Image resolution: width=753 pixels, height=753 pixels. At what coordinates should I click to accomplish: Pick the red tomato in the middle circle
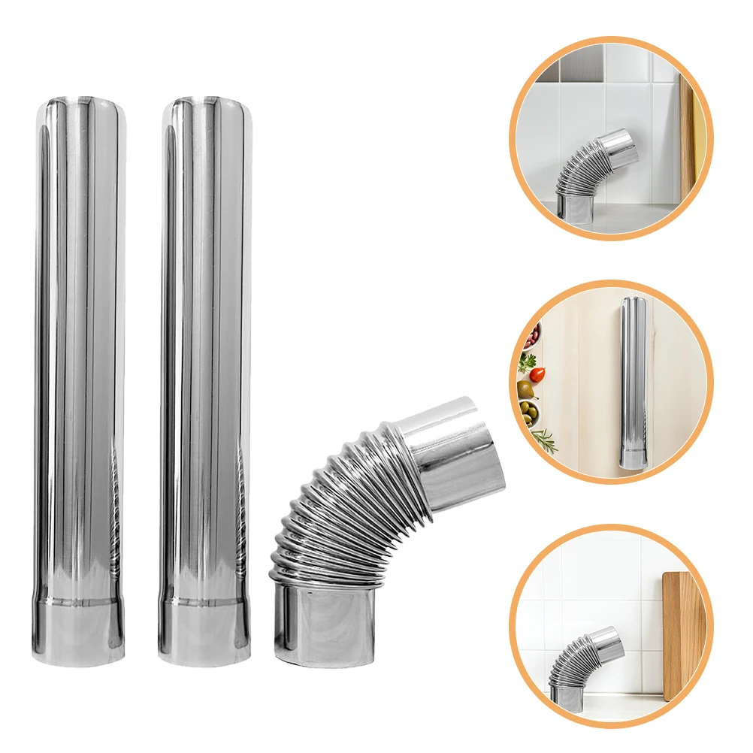click(537, 374)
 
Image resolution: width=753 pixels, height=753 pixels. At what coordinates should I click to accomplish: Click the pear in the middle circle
click(526, 389)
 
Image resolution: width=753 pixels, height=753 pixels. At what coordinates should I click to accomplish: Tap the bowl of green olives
click(531, 413)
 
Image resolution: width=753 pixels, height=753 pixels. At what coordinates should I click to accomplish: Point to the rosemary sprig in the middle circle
click(544, 439)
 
